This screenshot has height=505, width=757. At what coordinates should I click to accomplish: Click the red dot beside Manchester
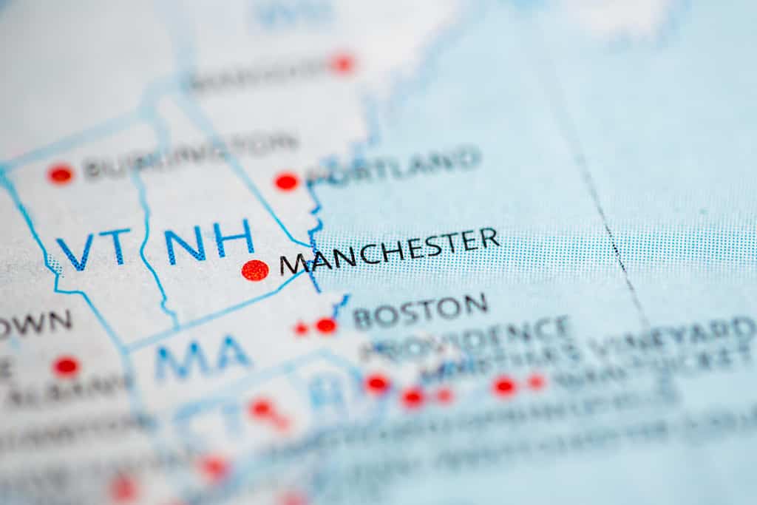(255, 270)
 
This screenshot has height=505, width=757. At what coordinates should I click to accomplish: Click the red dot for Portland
(286, 181)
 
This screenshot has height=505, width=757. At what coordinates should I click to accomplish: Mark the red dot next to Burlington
(61, 174)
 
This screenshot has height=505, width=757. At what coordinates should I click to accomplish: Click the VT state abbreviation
(94, 248)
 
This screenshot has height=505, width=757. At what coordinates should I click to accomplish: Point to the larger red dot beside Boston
(326, 325)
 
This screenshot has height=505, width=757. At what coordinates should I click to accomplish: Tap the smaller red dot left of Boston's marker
(302, 328)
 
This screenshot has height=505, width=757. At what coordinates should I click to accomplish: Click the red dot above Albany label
(66, 365)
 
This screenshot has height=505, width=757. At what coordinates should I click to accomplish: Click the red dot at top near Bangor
(342, 64)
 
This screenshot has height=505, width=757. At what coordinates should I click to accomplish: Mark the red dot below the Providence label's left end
(377, 383)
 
